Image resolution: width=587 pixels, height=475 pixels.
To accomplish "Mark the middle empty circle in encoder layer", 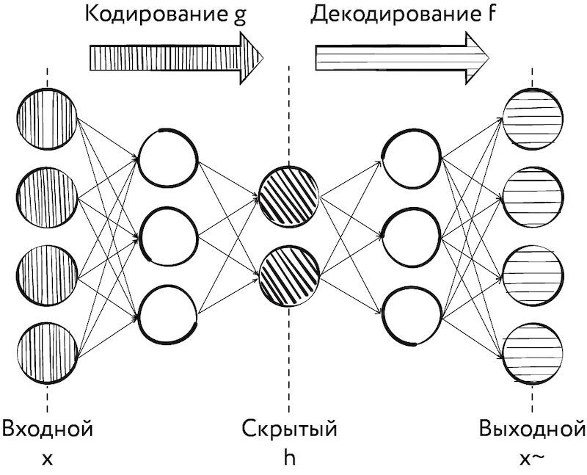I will point(168,236).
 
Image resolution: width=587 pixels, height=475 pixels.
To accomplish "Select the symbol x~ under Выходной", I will point(532,460).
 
